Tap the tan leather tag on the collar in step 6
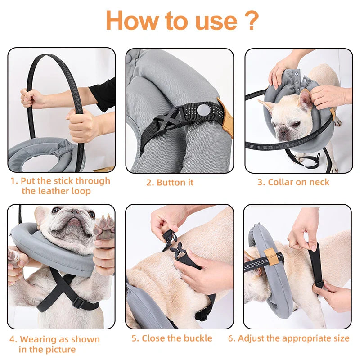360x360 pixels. tap(269, 255)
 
